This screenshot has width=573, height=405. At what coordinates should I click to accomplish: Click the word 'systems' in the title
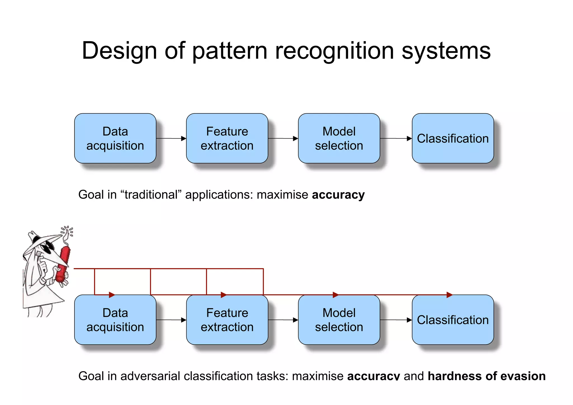pyautogui.click(x=446, y=51)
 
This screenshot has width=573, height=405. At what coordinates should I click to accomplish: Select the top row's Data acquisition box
pyautogui.click(x=115, y=138)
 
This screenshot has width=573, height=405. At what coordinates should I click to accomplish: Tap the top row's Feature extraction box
pyautogui.click(x=227, y=138)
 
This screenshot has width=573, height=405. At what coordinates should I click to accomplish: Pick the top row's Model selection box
pyautogui.click(x=339, y=138)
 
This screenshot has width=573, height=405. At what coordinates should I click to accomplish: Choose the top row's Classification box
pyautogui.click(x=453, y=138)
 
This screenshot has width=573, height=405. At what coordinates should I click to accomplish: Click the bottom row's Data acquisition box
pyautogui.click(x=115, y=320)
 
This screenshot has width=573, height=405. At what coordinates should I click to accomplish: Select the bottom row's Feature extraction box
pyautogui.click(x=227, y=320)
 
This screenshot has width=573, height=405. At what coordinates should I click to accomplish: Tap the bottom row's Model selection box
pyautogui.click(x=339, y=320)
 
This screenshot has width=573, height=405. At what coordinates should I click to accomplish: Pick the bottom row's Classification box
pyautogui.click(x=453, y=320)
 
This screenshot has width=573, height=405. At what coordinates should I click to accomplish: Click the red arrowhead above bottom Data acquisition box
pyautogui.click(x=112, y=294)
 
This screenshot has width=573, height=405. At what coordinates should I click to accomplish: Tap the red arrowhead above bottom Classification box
pyautogui.click(x=449, y=294)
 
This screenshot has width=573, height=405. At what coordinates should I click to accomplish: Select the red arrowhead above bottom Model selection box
pyautogui.click(x=335, y=294)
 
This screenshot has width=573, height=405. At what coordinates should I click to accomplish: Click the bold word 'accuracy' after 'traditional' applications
pyautogui.click(x=338, y=195)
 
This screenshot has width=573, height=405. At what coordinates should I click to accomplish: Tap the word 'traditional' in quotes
pyautogui.click(x=151, y=195)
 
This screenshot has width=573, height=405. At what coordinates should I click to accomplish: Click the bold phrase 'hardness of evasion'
pyautogui.click(x=487, y=376)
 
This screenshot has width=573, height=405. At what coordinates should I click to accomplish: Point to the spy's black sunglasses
pyautogui.click(x=46, y=248)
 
